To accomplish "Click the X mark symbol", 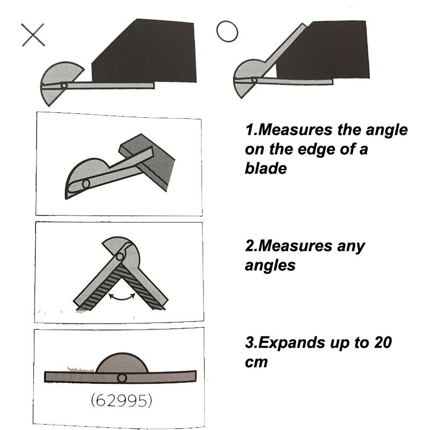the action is point(33,35).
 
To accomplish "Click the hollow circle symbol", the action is point(227,32).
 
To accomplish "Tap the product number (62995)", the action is point(121,400).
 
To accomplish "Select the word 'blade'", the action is point(266,168).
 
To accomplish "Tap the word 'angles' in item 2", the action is point(270,266).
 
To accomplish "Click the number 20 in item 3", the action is point(383,342).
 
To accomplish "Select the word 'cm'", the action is point(256,362).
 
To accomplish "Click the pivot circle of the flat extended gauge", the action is point(122,378).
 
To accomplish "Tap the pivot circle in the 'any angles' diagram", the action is point(119,257).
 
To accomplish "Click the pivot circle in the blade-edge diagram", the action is point(86,183).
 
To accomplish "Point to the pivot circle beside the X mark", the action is point(64,85).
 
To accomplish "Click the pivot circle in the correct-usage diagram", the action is point(254,80).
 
